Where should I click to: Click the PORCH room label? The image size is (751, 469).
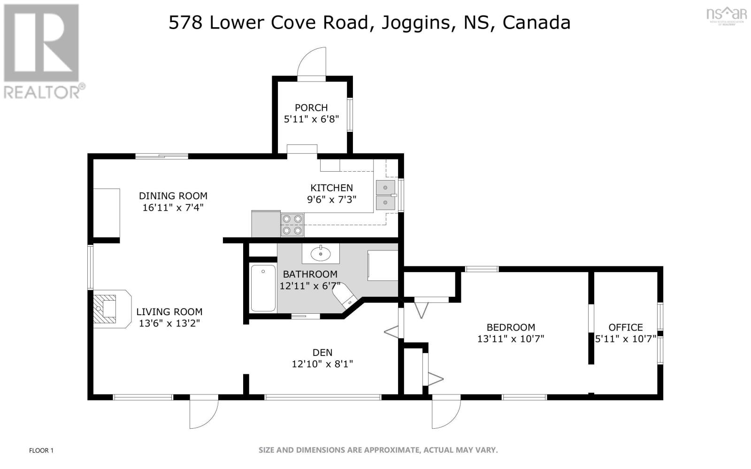311,107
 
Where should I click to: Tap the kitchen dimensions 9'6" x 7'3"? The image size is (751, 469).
331,199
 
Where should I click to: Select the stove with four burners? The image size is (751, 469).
292,225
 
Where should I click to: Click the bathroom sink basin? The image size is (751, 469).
321,255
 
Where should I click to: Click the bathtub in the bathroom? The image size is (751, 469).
263,288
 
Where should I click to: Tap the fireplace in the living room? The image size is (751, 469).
109,309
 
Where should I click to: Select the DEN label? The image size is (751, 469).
322,353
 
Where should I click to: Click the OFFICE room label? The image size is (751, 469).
625,327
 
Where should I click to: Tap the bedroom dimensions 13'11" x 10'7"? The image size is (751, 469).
510,339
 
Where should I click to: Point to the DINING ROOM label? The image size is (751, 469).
173,196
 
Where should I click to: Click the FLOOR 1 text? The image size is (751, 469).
41,451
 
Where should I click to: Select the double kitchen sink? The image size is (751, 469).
385,195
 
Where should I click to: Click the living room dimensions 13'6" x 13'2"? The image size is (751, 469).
169,323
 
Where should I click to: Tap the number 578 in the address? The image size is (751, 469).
185,23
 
